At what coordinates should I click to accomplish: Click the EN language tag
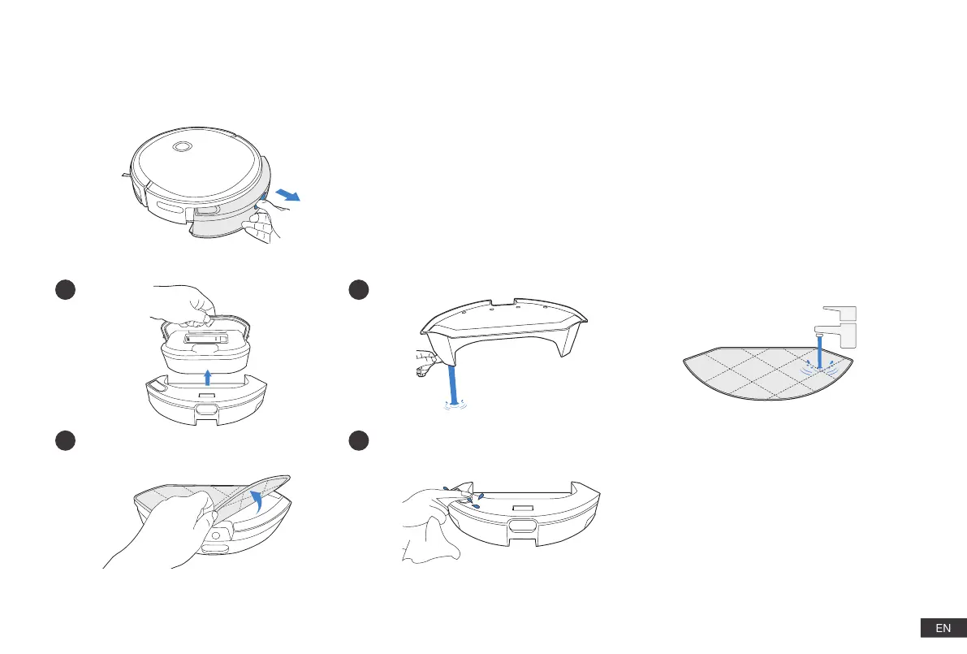tap(943, 628)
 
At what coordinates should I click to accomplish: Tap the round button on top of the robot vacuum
tap(182, 147)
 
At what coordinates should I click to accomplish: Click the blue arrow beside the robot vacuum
tap(287, 194)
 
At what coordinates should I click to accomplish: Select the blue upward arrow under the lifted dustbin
tap(208, 376)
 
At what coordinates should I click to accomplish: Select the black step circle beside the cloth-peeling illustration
tap(66, 440)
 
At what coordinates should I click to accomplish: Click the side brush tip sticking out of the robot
tap(122, 174)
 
